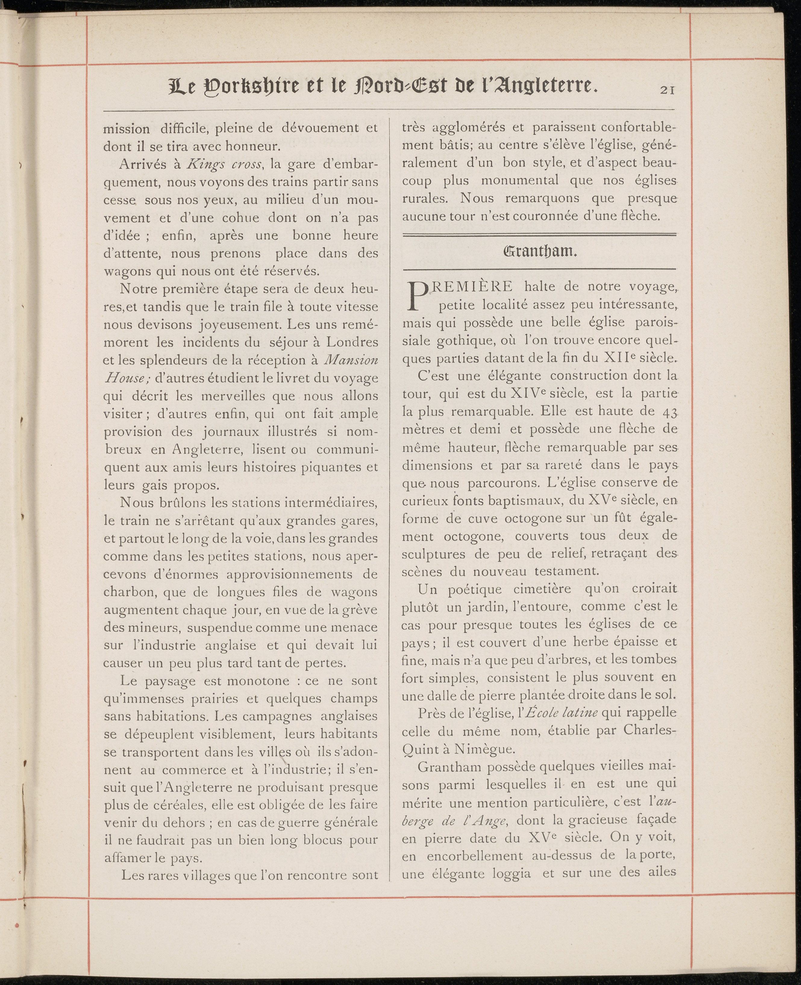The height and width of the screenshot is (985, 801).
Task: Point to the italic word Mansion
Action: click(352, 360)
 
